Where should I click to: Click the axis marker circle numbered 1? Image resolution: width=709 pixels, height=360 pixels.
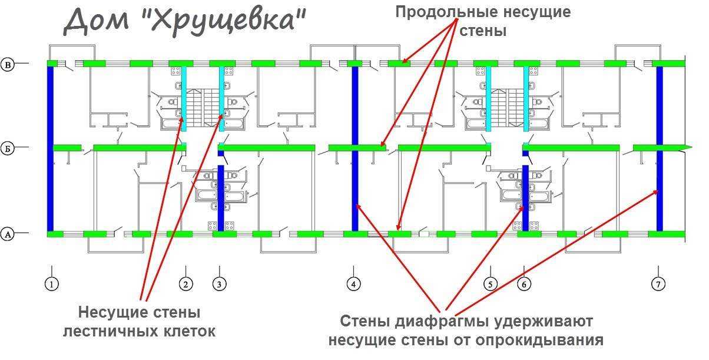tap(52, 284)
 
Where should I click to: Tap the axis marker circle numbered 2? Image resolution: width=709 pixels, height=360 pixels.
tap(186, 284)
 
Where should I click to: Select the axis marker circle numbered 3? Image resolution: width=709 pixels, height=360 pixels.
tap(219, 284)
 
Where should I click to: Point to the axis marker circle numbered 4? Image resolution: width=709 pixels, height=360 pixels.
tap(353, 284)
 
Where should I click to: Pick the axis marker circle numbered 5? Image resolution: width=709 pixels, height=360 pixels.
tap(491, 284)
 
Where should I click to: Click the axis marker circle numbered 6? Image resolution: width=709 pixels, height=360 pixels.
tap(524, 284)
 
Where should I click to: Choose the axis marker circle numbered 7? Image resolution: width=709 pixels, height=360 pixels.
tap(658, 284)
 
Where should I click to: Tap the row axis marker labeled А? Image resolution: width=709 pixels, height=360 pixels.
tap(8, 235)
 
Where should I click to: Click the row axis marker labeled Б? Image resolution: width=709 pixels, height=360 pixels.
tap(8, 148)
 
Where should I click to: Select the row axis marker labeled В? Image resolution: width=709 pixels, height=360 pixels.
tap(8, 64)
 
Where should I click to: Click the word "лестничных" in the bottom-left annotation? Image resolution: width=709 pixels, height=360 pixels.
tap(106, 331)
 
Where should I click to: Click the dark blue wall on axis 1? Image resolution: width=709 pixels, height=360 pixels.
tap(51, 147)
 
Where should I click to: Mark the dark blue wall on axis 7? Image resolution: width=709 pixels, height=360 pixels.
tap(660, 147)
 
